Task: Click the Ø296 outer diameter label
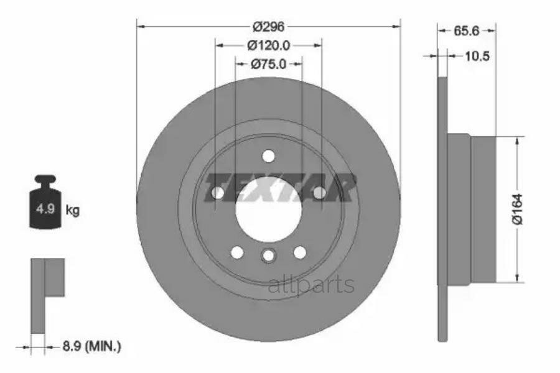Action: click(268, 26)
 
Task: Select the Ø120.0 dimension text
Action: click(269, 45)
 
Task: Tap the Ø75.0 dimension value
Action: click(268, 64)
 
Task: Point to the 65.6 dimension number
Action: click(466, 31)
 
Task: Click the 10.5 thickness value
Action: click(477, 56)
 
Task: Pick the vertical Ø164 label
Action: click(517, 209)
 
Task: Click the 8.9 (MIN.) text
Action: click(92, 346)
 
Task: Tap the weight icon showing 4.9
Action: click(45, 201)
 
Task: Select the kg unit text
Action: click(73, 210)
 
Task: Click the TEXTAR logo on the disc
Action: click(279, 188)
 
